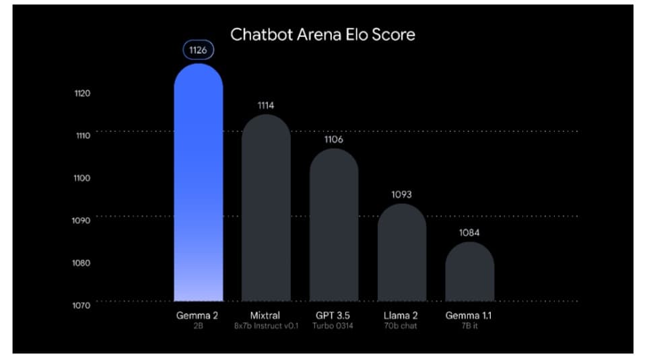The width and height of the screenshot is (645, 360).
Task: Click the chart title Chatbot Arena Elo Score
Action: coord(322,34)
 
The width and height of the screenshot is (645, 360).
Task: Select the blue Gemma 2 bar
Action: coord(198,188)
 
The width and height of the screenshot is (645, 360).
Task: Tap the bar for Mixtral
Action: coord(266,209)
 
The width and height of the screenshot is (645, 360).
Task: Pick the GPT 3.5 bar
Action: coord(334,225)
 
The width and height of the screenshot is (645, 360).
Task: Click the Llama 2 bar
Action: coord(401,252)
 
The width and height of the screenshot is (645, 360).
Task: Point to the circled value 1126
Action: coord(198,49)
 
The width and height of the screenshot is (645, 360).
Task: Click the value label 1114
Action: coord(266,105)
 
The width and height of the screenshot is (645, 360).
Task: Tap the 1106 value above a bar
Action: coord(334,139)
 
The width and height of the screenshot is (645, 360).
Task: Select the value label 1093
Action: coord(401,194)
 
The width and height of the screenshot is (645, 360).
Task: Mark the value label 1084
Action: coord(469,233)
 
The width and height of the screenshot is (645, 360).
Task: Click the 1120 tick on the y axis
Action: coord(82,93)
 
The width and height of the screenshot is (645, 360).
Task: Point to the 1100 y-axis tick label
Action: coord(82,178)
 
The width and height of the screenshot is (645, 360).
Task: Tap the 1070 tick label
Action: coord(82,305)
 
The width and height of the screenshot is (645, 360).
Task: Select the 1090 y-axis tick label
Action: coord(82,220)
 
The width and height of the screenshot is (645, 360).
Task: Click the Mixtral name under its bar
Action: coord(265,315)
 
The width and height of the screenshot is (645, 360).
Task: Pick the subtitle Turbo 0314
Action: coord(333,326)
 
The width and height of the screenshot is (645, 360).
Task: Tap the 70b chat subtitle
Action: coord(401,326)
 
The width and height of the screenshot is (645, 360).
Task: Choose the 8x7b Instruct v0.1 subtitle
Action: coord(265,326)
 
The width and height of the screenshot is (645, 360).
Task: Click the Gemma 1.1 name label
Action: coord(469,315)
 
